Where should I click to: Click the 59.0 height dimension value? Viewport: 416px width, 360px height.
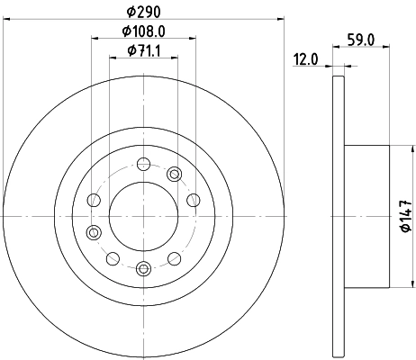click(361, 40)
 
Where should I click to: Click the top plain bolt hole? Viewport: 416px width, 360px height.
click(143, 164)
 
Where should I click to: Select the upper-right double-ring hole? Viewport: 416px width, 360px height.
click(175, 175)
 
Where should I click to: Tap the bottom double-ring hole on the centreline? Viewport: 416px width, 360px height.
click(143, 267)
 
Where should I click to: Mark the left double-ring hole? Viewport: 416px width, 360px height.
click(93, 232)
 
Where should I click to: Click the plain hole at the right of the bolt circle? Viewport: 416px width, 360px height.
click(191, 201)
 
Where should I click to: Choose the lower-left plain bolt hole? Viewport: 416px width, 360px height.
click(113, 258)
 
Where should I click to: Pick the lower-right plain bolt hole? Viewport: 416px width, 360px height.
click(174, 258)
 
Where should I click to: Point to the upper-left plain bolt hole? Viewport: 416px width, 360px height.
click(93, 201)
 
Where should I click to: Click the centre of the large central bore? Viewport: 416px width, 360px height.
click(143, 216)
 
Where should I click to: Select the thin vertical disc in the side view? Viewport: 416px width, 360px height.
click(338, 216)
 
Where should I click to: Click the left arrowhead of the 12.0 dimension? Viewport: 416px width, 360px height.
click(330, 65)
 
